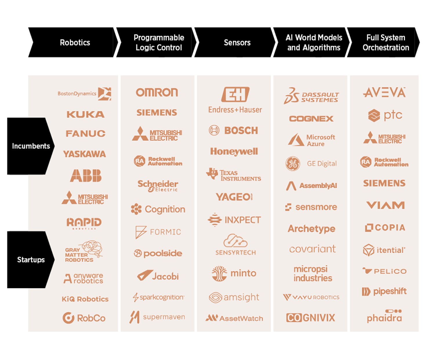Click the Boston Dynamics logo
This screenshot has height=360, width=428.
point(84,94)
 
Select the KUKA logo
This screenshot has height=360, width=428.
point(86,114)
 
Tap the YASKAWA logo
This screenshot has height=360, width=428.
point(84,154)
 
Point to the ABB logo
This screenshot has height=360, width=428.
point(86,176)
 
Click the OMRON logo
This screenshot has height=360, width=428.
point(157,93)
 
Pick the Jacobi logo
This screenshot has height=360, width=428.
point(158,276)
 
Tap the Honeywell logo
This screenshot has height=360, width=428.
point(234,151)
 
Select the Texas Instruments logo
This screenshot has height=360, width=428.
point(234,175)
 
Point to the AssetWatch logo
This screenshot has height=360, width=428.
point(234,318)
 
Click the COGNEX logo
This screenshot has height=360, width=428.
point(311,119)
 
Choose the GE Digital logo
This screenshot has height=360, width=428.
point(311,164)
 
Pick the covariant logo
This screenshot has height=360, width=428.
point(312,249)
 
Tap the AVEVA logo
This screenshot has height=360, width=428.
point(384,93)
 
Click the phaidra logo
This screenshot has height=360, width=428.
point(385,316)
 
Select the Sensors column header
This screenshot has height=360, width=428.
point(237,43)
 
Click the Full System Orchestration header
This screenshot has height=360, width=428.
point(386,43)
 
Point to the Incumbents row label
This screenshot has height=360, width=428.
point(31,146)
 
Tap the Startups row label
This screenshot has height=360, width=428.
point(31,260)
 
